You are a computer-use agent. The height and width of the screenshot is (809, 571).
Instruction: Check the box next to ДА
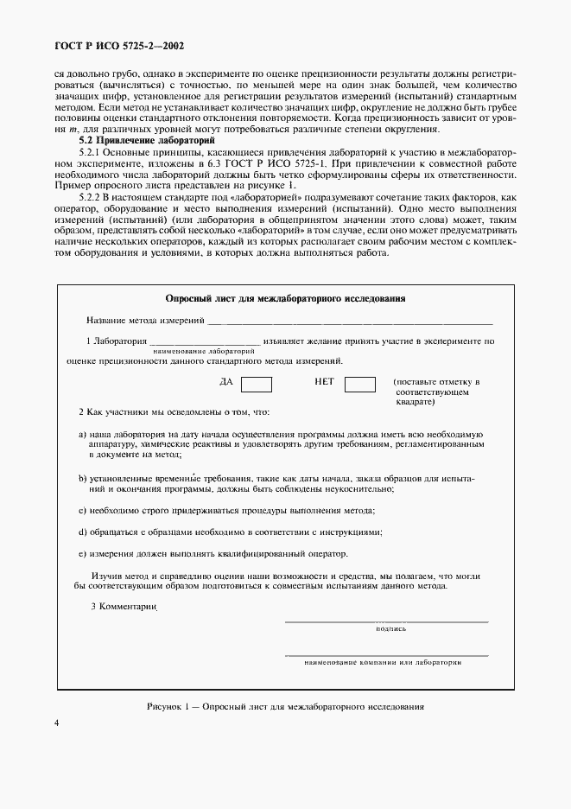[x=256, y=385]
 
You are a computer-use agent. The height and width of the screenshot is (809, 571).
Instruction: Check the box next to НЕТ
[x=359, y=385]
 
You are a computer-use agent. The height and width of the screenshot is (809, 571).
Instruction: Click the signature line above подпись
[x=386, y=621]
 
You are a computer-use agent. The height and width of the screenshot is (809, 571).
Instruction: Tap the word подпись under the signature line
[x=390, y=628]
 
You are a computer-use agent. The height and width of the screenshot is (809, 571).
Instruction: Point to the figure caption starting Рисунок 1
[x=285, y=706]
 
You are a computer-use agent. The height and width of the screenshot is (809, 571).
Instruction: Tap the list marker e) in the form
[x=82, y=553]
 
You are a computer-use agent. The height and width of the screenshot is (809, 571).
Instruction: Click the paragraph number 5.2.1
[x=91, y=150]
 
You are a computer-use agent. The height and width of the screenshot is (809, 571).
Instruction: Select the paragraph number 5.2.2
[x=91, y=199]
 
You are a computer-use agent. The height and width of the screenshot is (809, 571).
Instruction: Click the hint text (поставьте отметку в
[x=435, y=381]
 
